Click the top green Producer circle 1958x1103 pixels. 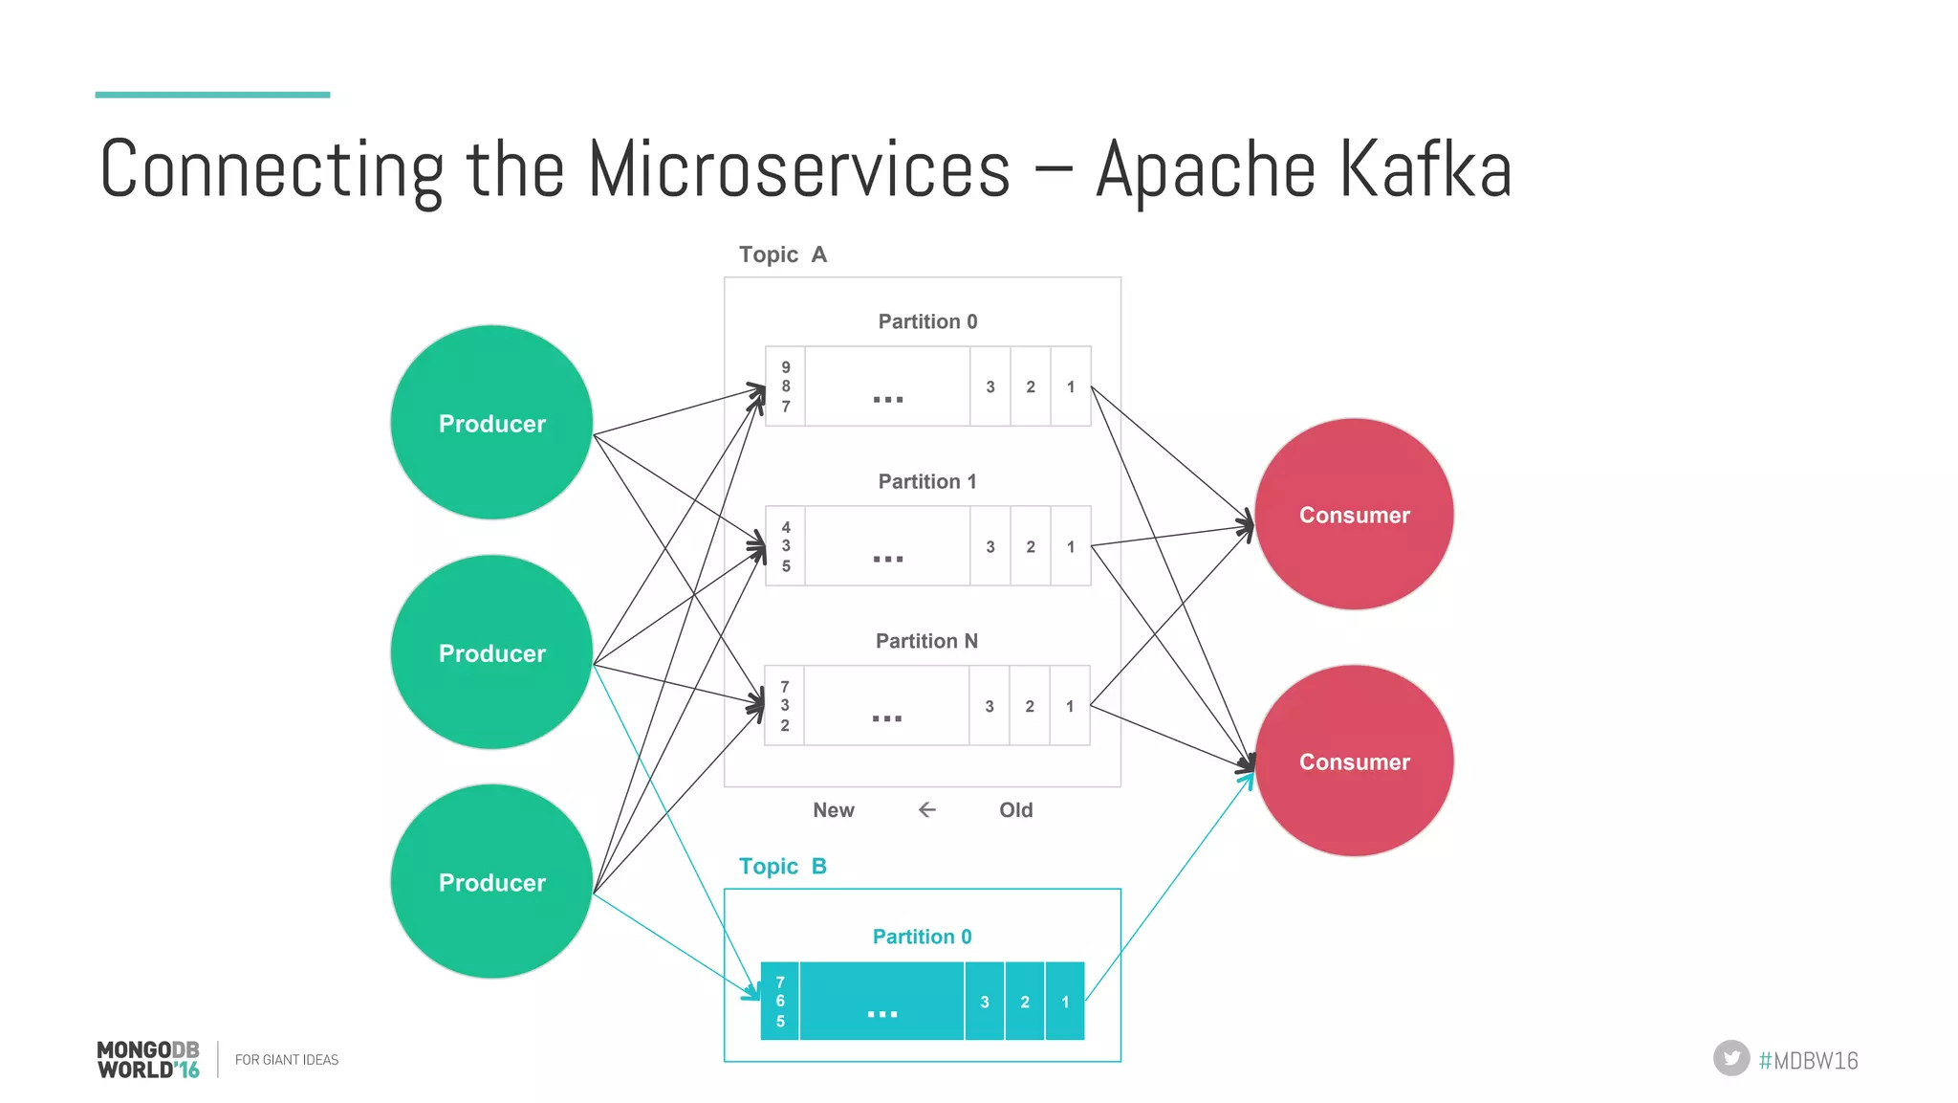tap(491, 423)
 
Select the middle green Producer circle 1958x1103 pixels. tap(491, 652)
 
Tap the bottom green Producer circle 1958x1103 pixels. tap(491, 882)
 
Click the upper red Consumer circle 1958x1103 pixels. tap(1354, 515)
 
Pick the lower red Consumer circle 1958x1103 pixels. tap(1354, 761)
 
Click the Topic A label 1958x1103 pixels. tap(782, 254)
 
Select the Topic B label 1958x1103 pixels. tap(782, 867)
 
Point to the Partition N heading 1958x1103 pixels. tap(926, 641)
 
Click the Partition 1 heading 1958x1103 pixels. tap(926, 481)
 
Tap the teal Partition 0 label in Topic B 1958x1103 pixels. tap(922, 937)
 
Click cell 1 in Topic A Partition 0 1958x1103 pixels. tap(1071, 386)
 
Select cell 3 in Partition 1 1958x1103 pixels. tap(990, 546)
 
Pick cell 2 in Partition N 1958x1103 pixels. tap(1030, 706)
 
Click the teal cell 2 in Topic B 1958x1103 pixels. tap(1025, 1002)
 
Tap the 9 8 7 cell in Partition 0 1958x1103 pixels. tap(785, 386)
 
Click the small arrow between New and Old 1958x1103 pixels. tap(926, 810)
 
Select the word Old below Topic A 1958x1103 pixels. tap(1015, 810)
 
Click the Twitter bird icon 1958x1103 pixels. tap(1730, 1058)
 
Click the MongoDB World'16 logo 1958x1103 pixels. tap(148, 1060)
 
